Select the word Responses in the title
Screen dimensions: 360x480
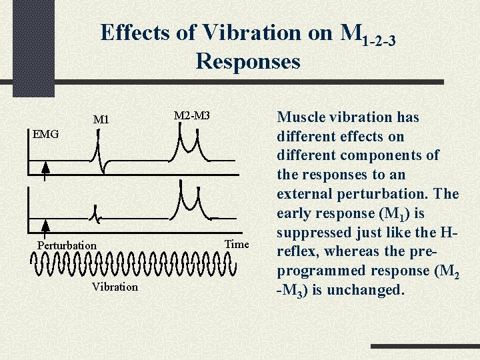[x=248, y=62]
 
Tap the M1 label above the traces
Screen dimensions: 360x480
[x=101, y=120]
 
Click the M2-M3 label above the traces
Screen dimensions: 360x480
[x=192, y=116]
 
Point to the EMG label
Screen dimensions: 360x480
[x=46, y=134]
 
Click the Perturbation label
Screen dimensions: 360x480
[x=67, y=245]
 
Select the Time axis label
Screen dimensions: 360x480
[x=237, y=244]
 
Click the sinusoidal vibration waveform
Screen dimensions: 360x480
[x=133, y=265]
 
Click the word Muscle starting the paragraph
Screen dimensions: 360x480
[x=299, y=117]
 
